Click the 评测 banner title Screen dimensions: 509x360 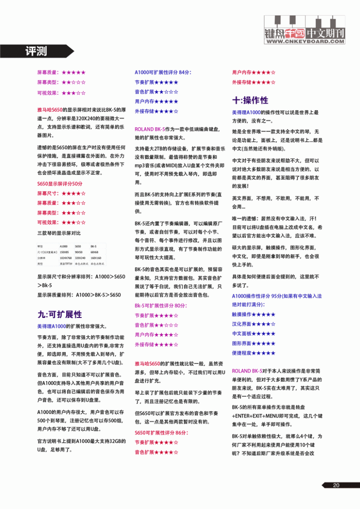click(x=36, y=50)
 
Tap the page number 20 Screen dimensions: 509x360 click(x=336, y=485)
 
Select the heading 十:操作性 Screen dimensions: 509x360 click(x=250, y=100)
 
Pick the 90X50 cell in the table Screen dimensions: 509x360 click(x=79, y=252)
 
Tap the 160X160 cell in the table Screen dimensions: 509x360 click(x=96, y=258)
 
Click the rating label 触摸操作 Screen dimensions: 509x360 click(x=242, y=314)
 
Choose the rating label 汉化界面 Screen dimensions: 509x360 click(x=242, y=323)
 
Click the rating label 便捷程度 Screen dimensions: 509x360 click(x=242, y=353)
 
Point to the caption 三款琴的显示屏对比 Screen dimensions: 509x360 click(x=59, y=232)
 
